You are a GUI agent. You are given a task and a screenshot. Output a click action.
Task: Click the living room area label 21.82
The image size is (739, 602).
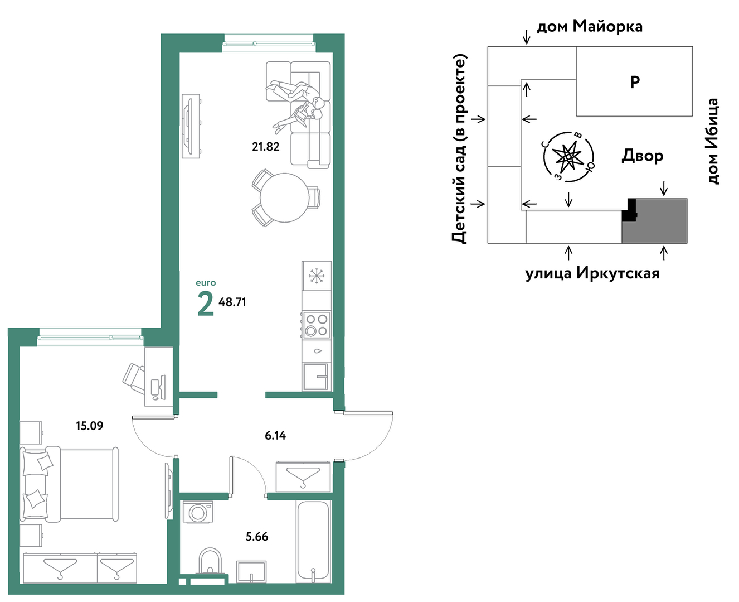(x=265, y=147)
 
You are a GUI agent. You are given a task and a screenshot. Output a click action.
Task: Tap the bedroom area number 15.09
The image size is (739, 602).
(x=90, y=426)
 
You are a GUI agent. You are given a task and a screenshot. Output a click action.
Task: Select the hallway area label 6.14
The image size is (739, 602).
(x=275, y=435)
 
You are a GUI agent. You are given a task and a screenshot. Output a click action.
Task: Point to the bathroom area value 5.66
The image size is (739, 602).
(x=257, y=537)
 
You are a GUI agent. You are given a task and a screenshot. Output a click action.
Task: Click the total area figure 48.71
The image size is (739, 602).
(x=232, y=302)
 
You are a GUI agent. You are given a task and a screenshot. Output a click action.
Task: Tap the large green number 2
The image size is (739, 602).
(x=205, y=304)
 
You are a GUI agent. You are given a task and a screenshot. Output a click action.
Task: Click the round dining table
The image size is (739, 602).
(x=284, y=198)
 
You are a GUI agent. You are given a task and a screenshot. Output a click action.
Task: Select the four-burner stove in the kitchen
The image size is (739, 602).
(x=316, y=325)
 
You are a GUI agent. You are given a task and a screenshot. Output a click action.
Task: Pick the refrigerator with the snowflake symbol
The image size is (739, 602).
(x=317, y=276)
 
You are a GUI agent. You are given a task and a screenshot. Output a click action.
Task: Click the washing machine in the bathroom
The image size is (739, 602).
(x=198, y=512)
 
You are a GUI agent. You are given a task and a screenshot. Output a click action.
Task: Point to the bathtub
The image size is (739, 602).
(x=313, y=542)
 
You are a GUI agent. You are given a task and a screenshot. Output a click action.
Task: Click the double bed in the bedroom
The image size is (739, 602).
(x=69, y=484)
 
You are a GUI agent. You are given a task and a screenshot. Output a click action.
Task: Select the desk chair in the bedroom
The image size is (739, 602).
(x=134, y=379)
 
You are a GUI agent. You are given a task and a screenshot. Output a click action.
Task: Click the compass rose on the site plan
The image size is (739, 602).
(x=568, y=157)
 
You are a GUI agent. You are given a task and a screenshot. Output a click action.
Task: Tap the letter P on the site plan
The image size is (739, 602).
(x=635, y=82)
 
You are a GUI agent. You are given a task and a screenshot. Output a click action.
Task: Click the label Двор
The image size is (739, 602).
(x=642, y=156)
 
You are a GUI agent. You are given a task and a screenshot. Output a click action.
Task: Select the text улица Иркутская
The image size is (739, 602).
(x=592, y=274)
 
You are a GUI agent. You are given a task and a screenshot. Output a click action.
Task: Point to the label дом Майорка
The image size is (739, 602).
(x=590, y=26)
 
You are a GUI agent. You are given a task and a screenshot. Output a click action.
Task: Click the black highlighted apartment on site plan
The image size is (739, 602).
(x=629, y=210)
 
